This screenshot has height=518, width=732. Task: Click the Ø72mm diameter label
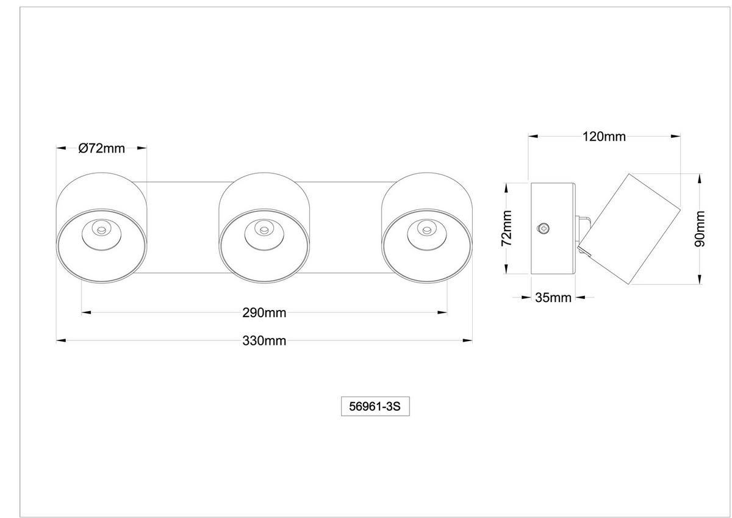pos(102,148)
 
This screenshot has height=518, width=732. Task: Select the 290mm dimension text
pos(264,313)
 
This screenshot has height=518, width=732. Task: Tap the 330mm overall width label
pos(264,340)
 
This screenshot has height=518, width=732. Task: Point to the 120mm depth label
pos(604,136)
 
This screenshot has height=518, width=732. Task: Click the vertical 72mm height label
pos(506,228)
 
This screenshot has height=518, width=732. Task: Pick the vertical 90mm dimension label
pos(700,229)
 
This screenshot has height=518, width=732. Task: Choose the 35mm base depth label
pos(553,297)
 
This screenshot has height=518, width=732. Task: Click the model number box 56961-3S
pos(375,406)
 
